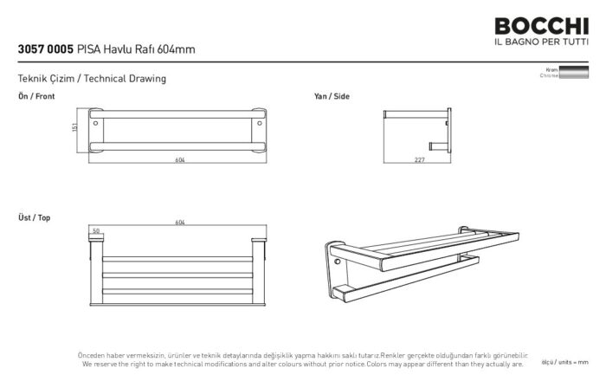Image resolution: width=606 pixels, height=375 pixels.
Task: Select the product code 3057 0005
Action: point(45,49)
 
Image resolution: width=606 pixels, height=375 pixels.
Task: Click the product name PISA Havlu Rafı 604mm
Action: point(136,49)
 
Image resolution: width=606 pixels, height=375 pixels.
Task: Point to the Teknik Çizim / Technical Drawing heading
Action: point(91,79)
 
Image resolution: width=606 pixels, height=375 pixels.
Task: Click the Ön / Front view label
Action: point(36,97)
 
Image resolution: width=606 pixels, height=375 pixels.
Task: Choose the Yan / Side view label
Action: point(332,97)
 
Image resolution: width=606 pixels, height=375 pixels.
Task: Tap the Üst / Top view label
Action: point(34,217)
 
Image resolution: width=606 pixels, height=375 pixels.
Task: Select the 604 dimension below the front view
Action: point(180,160)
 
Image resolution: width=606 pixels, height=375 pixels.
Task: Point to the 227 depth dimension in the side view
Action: point(418,160)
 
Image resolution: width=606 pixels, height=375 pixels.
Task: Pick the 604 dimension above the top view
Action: point(180,223)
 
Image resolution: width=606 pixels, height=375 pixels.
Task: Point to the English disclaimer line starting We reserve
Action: point(301,364)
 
